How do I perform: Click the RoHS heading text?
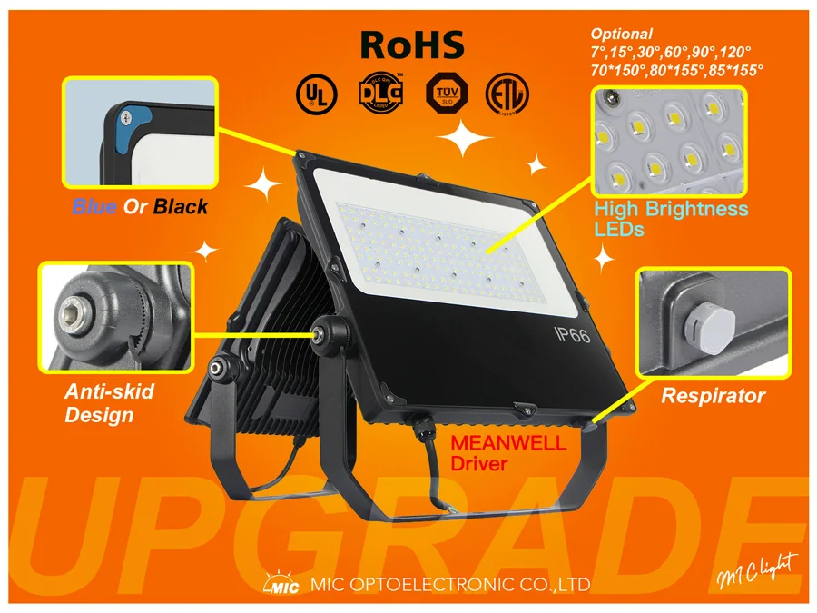click(x=412, y=44)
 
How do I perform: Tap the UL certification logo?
click(x=316, y=92)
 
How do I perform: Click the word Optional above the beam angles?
click(x=622, y=34)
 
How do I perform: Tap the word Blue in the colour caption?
click(x=94, y=207)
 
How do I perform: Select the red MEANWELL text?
click(x=509, y=444)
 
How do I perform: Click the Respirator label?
click(x=713, y=396)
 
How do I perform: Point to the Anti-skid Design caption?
click(x=109, y=403)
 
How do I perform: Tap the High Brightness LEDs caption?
click(x=671, y=219)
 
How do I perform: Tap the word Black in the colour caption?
click(x=180, y=207)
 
